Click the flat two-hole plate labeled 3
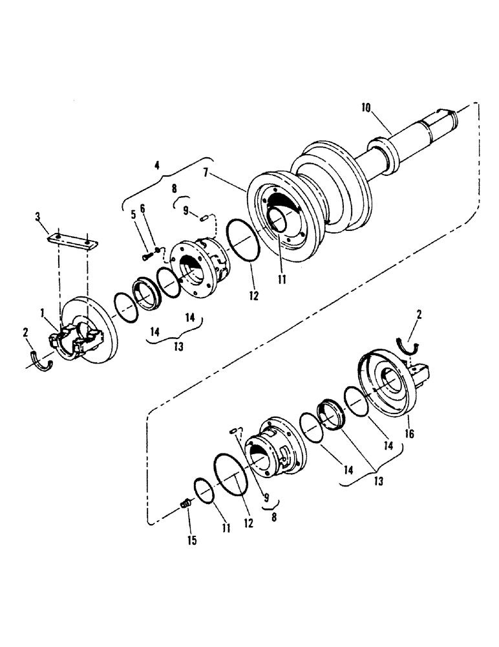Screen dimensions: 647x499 [x=73, y=241]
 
